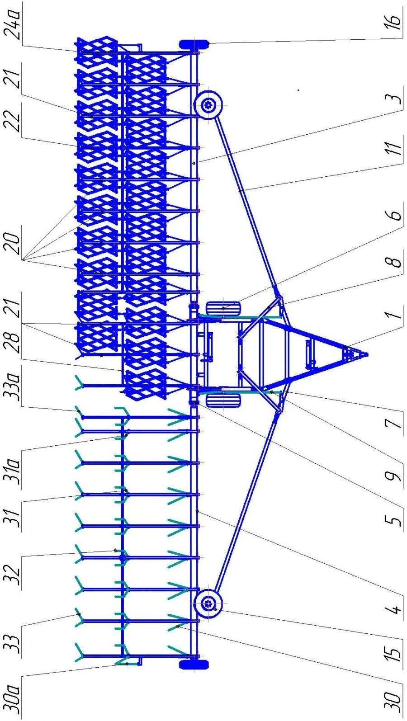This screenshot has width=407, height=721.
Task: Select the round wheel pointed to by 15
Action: click(x=208, y=604)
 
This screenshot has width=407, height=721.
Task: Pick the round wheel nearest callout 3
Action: click(x=208, y=104)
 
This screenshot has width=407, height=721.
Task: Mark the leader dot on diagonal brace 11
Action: click(x=240, y=191)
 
